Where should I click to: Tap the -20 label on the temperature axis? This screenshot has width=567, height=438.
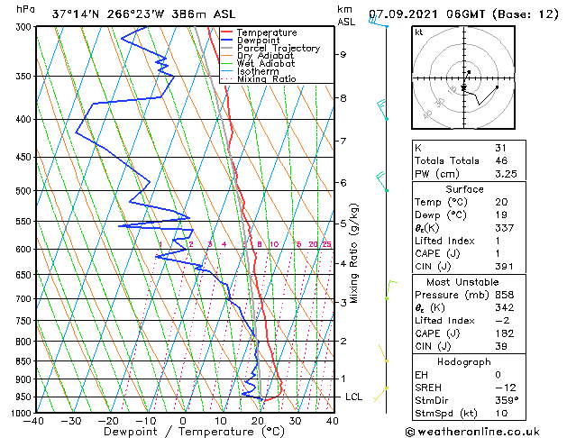(107, 420)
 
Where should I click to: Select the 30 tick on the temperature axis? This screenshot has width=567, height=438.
(295, 420)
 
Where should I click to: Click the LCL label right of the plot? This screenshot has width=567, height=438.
(354, 397)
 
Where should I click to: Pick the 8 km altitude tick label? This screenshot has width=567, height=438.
(343, 97)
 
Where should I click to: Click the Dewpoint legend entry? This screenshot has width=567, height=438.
(258, 41)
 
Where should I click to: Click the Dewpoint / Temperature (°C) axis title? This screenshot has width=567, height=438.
(182, 432)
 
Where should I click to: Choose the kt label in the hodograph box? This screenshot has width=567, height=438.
(418, 32)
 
